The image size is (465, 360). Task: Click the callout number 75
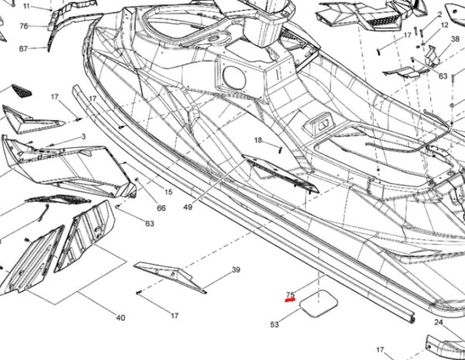tap(290, 294)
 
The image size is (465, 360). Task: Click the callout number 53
tap(274, 324)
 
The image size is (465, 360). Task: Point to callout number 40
tap(120, 318)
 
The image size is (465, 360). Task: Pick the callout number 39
tap(236, 270)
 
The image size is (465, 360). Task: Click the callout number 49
tap(188, 207)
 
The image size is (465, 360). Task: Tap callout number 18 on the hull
tap(259, 140)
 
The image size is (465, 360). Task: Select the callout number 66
tap(161, 208)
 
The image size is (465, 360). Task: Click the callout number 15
tap(167, 192)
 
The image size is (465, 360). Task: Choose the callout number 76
tap(23, 26)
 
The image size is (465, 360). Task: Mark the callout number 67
tap(23, 49)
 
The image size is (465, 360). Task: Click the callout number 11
tap(26, 6)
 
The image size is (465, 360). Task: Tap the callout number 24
tap(438, 322)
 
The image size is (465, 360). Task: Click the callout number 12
tap(444, 26)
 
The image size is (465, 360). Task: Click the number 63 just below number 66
tap(149, 224)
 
